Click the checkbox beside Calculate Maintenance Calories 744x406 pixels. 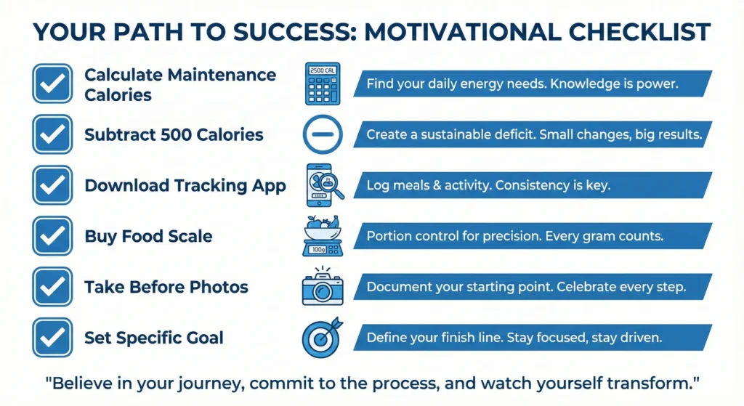(x=52, y=84)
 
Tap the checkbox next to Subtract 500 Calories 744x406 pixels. (x=52, y=134)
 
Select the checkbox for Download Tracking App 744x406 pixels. (x=52, y=185)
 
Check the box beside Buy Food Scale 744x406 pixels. (x=52, y=236)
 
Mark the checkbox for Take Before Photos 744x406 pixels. (x=52, y=287)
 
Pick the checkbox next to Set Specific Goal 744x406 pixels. (x=52, y=338)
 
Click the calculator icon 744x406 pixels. (x=323, y=84)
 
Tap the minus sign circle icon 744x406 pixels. (x=323, y=135)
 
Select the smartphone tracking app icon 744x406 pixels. (x=323, y=186)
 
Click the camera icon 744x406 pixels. (x=323, y=287)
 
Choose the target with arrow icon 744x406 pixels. (x=323, y=338)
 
